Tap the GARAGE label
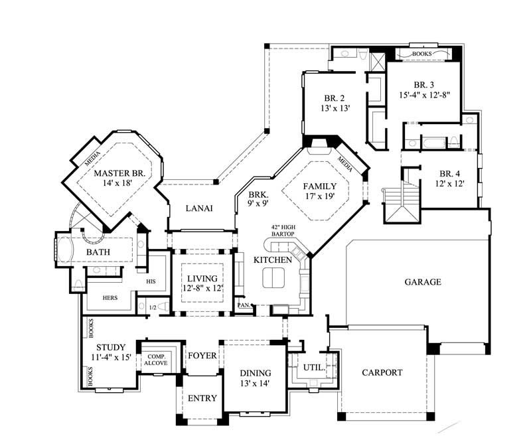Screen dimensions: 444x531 click(x=423, y=282)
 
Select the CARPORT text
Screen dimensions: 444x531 click(x=382, y=372)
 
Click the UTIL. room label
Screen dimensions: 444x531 click(x=314, y=366)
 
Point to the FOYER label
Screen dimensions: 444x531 click(x=202, y=356)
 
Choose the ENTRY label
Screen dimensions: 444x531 click(x=202, y=398)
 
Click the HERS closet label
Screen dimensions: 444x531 click(x=110, y=298)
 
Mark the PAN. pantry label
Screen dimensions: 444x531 click(x=244, y=305)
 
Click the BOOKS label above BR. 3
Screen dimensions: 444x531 click(x=422, y=53)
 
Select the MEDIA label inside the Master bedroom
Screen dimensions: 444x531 click(x=92, y=156)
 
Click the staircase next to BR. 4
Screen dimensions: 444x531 click(x=402, y=199)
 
